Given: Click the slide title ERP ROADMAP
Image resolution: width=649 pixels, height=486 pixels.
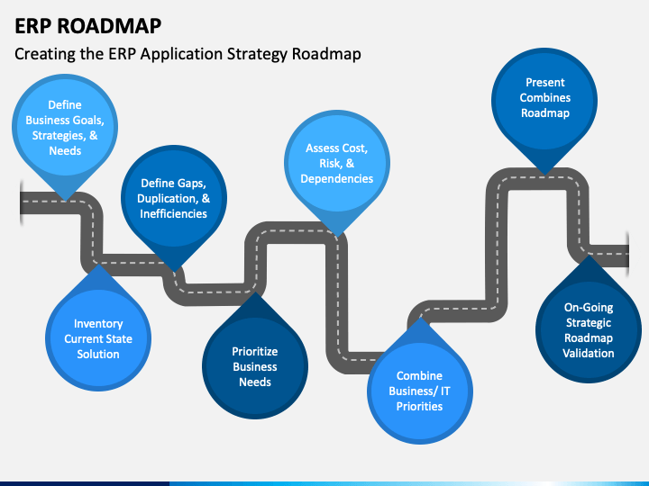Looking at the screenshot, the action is pyautogui.click(x=87, y=25).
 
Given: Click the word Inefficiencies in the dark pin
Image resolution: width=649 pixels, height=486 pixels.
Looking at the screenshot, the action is pyautogui.click(x=173, y=213).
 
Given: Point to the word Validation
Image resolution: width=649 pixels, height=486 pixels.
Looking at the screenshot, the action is pyautogui.click(x=588, y=354).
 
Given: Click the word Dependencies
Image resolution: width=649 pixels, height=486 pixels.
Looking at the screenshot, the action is pyautogui.click(x=337, y=179).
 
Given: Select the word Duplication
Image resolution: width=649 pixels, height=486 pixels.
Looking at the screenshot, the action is pyautogui.click(x=168, y=199).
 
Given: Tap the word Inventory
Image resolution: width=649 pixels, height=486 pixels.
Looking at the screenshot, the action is pyautogui.click(x=98, y=324).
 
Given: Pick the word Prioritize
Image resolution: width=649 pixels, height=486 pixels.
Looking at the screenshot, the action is pyautogui.click(x=255, y=351).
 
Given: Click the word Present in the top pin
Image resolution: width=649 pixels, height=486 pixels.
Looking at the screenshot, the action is pyautogui.click(x=545, y=83).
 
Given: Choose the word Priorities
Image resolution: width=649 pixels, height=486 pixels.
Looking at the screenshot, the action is pyautogui.click(x=420, y=406).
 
